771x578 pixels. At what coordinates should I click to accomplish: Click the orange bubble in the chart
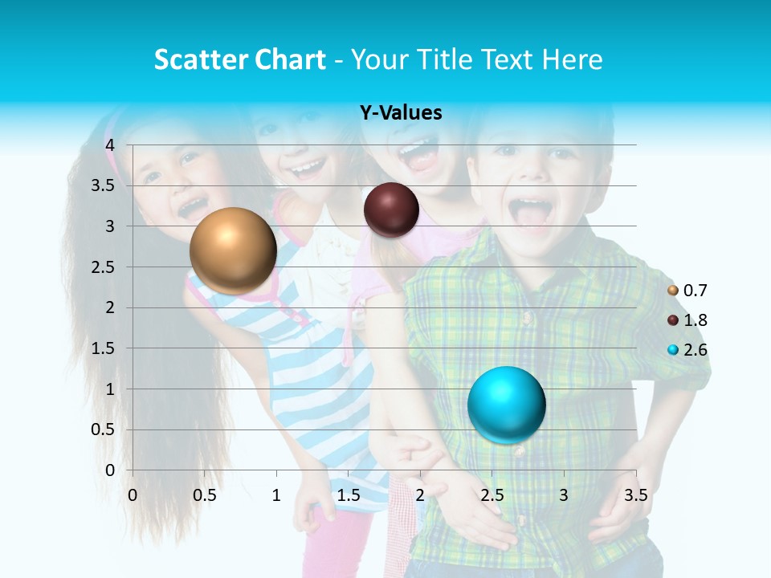point(233,250)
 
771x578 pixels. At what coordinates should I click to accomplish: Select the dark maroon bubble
point(391,210)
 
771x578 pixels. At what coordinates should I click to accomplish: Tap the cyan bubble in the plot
point(506,404)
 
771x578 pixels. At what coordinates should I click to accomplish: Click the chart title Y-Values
point(400,113)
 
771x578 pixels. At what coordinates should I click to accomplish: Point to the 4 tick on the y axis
point(110,144)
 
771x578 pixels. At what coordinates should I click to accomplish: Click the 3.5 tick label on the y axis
point(104,185)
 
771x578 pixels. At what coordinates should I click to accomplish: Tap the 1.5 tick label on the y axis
point(104,348)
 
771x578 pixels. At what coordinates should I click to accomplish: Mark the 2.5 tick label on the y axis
point(104,267)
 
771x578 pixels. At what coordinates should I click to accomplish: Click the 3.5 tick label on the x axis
point(636,495)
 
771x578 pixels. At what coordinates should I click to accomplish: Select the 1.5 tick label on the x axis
point(349,495)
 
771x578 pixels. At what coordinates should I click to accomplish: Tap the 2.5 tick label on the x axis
point(492,495)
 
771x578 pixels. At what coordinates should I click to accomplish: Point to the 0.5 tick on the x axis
point(205,495)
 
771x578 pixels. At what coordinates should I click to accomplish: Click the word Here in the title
point(572,59)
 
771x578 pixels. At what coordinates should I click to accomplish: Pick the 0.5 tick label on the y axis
point(104,429)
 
